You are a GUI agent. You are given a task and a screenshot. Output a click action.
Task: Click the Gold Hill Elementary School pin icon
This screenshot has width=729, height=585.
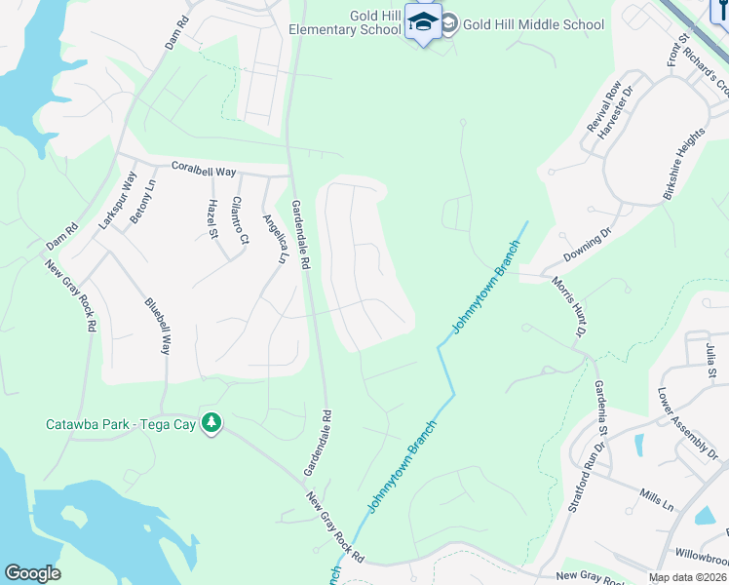[423, 21]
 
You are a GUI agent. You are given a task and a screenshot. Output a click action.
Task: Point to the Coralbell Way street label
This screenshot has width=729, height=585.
[204, 170]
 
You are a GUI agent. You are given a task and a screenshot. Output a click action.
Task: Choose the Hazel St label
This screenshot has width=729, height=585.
[212, 217]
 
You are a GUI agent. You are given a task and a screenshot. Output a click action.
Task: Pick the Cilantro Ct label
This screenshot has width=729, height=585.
[239, 220]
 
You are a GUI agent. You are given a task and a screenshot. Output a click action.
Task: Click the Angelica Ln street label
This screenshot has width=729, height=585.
[272, 238]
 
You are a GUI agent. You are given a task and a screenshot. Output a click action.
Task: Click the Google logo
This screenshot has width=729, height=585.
[32, 573]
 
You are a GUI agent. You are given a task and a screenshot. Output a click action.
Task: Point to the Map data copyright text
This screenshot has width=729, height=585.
[687, 577]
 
